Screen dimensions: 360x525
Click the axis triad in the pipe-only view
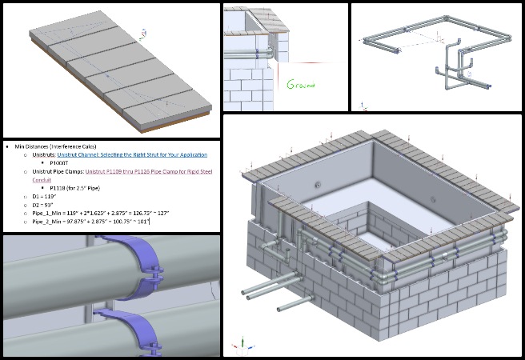tap(363, 103)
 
